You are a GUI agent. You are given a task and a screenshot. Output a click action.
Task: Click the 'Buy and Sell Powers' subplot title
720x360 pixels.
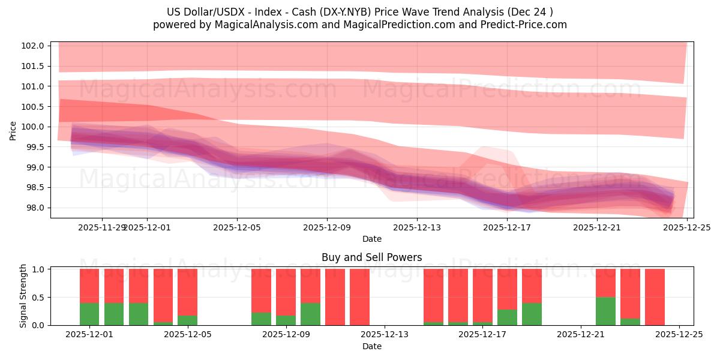[371, 257]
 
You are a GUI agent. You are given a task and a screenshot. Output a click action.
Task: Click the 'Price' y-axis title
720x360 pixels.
[13, 130]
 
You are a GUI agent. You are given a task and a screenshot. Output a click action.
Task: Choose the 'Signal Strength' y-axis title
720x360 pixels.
[23, 296]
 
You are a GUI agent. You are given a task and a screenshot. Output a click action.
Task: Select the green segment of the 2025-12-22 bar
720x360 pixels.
[605, 311]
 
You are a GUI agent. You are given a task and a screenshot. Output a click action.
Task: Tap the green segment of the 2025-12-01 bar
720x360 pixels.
[89, 314]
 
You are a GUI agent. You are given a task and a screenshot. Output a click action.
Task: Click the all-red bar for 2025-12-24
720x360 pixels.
[655, 297]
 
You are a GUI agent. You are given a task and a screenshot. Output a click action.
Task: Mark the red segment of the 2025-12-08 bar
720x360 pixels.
[261, 290]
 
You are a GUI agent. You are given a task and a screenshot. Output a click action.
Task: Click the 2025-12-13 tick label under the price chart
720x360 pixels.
[417, 227]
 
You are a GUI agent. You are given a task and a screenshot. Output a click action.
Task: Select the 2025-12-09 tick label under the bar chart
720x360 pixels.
[286, 335]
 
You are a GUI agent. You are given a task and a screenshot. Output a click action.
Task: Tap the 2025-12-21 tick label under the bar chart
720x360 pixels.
[581, 335]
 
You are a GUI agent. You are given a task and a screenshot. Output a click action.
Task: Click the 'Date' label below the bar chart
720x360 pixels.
[371, 346]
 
